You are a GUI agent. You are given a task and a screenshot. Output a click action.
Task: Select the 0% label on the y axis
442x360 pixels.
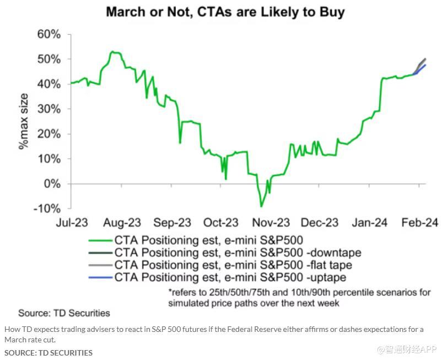point(52,184)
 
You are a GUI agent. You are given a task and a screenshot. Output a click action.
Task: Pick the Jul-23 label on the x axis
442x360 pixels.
point(71,223)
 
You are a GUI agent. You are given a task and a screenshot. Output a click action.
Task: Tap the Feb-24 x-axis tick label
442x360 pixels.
point(420,223)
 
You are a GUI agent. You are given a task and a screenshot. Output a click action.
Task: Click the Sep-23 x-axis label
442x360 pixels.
point(172,223)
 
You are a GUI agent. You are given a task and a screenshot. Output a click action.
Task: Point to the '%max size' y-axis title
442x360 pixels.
point(24,121)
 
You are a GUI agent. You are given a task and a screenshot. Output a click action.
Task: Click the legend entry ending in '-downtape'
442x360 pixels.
point(238,252)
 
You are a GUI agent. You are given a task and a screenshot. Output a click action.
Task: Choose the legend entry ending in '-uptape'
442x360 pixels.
point(230,277)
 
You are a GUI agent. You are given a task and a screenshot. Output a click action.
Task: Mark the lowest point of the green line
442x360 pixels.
point(261,207)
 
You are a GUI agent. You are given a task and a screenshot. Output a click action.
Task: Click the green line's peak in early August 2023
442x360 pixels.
point(111,51)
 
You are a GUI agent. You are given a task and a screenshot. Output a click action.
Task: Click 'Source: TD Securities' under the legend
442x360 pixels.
point(64,313)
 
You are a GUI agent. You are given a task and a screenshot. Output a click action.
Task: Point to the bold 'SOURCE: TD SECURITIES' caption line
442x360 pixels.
point(48,352)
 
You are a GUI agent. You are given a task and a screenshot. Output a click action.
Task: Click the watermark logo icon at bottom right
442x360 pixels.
point(381,349)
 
